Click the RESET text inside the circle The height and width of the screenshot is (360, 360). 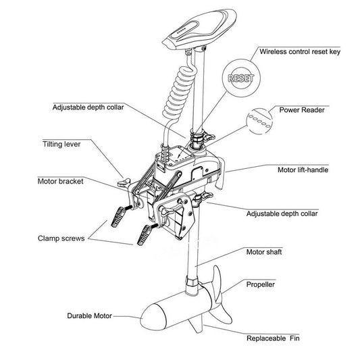(241, 78)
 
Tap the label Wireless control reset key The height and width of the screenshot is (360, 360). (300, 51)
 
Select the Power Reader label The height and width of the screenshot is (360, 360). (302, 110)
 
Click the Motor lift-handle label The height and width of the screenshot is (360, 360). (303, 170)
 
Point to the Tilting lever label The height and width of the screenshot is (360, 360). (61, 144)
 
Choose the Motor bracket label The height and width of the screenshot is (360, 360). (60, 182)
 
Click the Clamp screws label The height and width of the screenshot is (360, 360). (61, 238)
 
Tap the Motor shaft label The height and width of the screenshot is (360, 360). (264, 252)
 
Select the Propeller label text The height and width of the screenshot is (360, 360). (260, 285)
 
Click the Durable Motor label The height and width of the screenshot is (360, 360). (89, 316)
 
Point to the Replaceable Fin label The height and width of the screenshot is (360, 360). (273, 338)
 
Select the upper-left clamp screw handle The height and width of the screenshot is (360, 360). (118, 216)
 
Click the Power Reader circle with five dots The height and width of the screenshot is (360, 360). (259, 121)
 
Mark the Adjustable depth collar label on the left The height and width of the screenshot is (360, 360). (88, 107)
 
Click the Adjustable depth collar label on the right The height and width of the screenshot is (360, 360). (282, 213)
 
